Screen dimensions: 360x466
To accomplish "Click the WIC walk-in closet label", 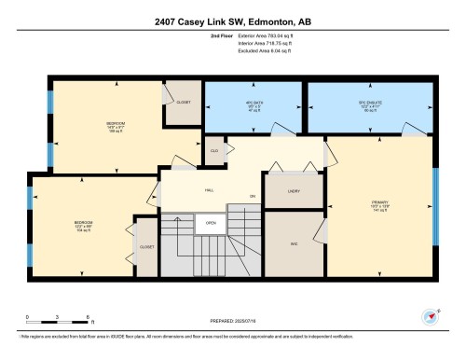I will pos(293,243).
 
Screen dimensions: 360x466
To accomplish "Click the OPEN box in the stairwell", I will pos(212,223).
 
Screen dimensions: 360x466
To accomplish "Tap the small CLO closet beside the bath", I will pos(214,150).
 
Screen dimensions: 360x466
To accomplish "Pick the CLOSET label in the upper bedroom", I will pos(184,102).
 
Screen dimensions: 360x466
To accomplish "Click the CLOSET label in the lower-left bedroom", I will pos(146,247).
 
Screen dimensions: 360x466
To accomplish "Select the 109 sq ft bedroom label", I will pos(115,125).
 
